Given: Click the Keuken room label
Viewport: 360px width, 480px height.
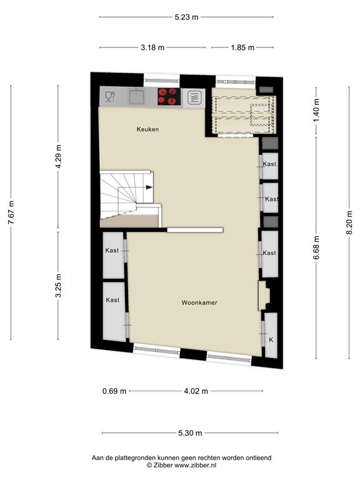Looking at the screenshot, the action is click(x=147, y=129).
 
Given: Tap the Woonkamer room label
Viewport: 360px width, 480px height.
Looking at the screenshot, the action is click(x=199, y=302).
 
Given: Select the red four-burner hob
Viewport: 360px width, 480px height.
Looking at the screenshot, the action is click(x=169, y=96).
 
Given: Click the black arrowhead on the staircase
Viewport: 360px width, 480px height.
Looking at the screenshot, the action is click(x=149, y=187).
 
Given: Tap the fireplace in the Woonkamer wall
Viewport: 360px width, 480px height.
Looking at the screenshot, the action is click(x=264, y=296).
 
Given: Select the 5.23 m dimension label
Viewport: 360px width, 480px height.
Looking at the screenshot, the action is click(x=186, y=17).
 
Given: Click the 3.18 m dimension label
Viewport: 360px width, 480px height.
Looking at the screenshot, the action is click(x=152, y=47).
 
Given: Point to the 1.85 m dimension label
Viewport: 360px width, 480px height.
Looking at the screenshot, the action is click(x=242, y=47).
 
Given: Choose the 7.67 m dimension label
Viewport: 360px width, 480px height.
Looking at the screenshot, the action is click(x=11, y=212).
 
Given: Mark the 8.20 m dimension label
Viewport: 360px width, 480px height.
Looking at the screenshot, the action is click(x=349, y=222).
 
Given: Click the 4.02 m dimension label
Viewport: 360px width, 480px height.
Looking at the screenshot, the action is click(x=196, y=391).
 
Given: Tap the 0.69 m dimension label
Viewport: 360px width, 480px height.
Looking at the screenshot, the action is click(x=114, y=391).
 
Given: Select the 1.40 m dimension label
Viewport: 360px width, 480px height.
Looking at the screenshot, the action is click(x=316, y=110).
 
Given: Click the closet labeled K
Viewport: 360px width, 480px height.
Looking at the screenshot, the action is click(x=271, y=336).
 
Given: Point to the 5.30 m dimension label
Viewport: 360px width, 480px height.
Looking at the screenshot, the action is click(x=190, y=433).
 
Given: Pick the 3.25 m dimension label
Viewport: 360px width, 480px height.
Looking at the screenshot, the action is click(x=59, y=286).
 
